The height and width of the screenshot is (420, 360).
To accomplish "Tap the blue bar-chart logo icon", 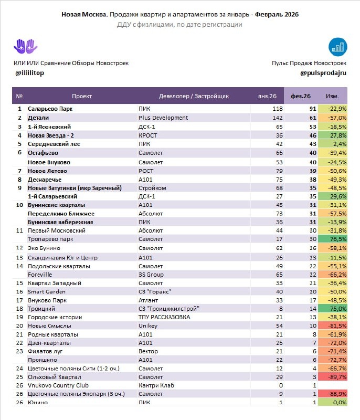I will coord(337,46).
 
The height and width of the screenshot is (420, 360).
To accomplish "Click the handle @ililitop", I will coord(30,72).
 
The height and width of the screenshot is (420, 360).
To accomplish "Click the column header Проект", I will coord(82,96).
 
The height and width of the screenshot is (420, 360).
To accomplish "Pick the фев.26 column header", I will coord(301,96).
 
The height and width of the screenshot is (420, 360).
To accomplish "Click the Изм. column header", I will coord(332,96).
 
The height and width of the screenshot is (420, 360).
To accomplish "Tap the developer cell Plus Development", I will coord(163,118).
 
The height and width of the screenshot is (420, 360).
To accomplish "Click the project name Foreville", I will coord(40,274).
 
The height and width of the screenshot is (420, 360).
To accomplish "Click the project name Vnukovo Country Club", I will coord(58,386).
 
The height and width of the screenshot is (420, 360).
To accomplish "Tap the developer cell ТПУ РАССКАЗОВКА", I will coord(164,317).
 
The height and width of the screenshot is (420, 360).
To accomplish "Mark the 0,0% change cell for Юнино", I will coord(337,402).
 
